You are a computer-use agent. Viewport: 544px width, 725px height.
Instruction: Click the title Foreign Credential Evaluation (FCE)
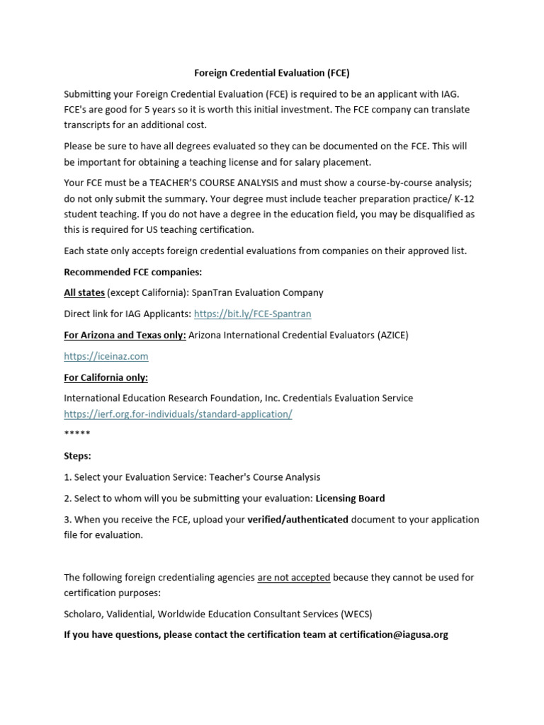(272, 73)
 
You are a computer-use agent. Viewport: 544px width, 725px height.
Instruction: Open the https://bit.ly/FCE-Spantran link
(252, 314)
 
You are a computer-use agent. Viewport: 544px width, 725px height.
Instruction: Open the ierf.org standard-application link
(178, 414)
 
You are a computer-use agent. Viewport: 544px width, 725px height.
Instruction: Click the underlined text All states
(84, 292)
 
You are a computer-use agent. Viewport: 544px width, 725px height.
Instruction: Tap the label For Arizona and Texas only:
(125, 336)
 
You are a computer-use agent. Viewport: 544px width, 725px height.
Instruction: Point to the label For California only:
(106, 378)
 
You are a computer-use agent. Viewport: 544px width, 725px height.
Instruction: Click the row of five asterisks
(76, 433)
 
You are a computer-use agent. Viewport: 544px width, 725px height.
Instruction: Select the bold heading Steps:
(77, 457)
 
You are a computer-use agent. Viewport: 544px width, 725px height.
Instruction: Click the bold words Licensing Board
(350, 498)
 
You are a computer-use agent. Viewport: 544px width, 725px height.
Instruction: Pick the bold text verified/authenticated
(297, 520)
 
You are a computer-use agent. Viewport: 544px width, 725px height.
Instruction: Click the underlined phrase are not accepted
(293, 578)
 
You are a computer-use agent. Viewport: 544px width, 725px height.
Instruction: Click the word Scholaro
(84, 614)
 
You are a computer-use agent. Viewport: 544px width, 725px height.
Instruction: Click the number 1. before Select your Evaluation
(67, 478)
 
